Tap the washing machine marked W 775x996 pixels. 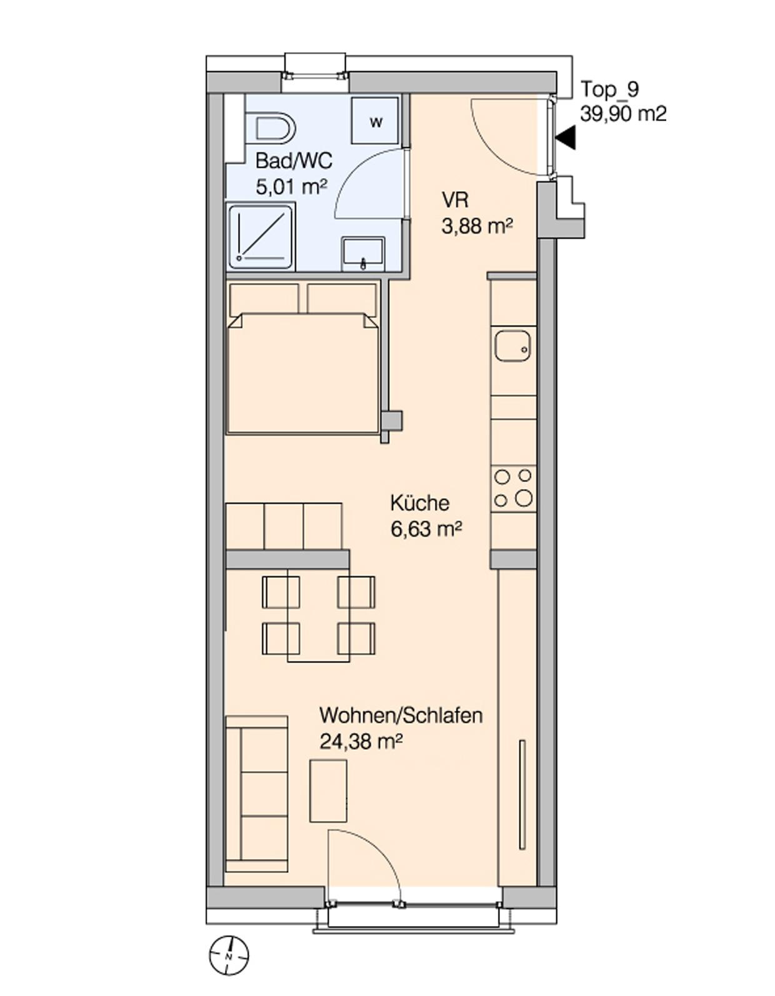tap(376, 121)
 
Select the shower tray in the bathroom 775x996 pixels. tap(261, 238)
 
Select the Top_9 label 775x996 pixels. tap(609, 90)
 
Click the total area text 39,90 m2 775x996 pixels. tap(623, 113)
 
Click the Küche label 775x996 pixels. tap(419, 503)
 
